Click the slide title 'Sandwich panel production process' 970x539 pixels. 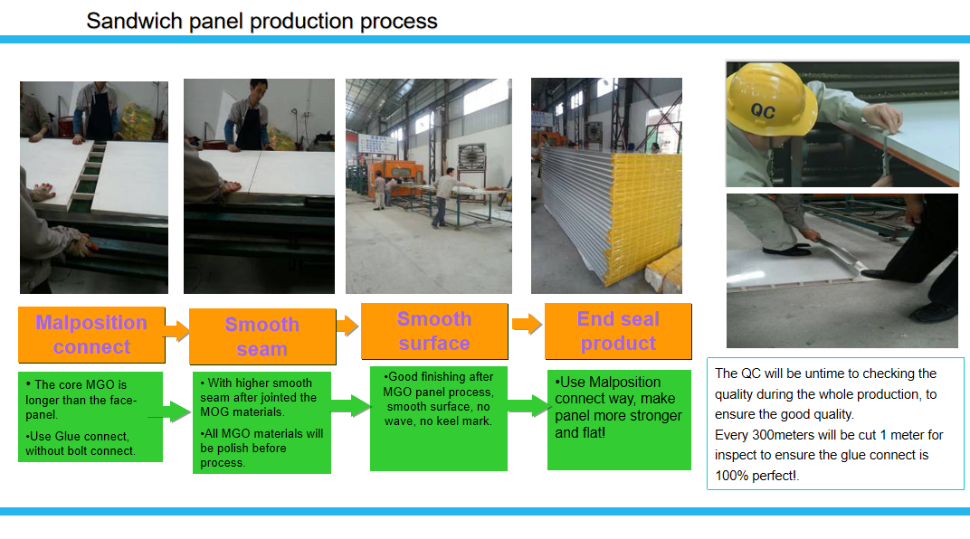coord(262,21)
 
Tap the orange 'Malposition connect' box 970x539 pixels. coord(91,335)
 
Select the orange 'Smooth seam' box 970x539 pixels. coord(262,336)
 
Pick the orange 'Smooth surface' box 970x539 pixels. coord(434,331)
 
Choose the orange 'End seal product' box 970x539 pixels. coord(618,331)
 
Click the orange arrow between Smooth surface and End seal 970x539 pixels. coord(527,323)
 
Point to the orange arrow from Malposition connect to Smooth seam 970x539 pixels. coord(177,331)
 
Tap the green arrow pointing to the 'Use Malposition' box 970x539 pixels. coord(529,406)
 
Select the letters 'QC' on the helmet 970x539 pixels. coord(763,111)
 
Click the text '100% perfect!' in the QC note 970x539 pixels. coord(756,476)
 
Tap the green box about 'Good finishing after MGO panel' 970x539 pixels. coord(439,419)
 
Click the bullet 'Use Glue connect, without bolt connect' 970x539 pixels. coord(80,443)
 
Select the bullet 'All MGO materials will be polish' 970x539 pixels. coord(262,449)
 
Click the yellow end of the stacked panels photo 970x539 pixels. coord(646,216)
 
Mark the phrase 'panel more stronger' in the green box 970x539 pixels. coord(618,415)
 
